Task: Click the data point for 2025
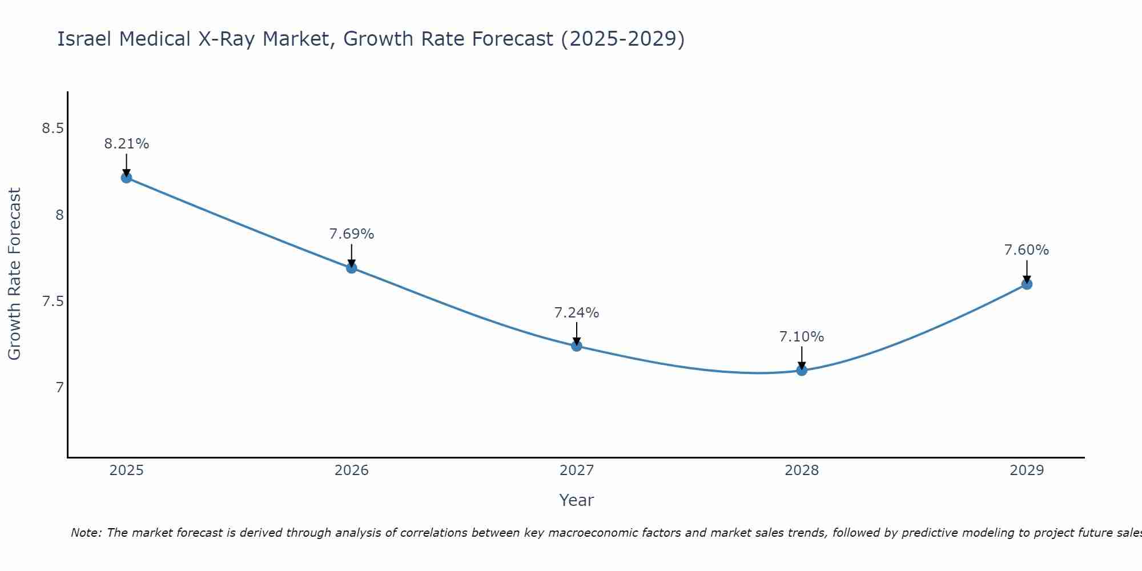(x=126, y=178)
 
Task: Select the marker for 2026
(x=352, y=268)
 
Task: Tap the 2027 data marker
(x=577, y=346)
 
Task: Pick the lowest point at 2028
(x=802, y=370)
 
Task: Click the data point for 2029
(x=1027, y=284)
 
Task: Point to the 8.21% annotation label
(x=126, y=144)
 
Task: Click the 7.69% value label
(x=352, y=234)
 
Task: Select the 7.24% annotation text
(x=577, y=313)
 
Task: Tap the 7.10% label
(x=802, y=337)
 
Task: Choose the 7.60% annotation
(x=1027, y=250)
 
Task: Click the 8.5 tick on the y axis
(x=53, y=128)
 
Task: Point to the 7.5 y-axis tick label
(x=53, y=301)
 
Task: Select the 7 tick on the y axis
(x=59, y=388)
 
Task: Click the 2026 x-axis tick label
(x=352, y=471)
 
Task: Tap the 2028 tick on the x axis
(x=802, y=471)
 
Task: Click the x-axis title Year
(x=577, y=500)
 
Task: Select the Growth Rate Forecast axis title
(x=14, y=274)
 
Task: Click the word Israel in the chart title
(x=84, y=39)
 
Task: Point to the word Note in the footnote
(x=86, y=533)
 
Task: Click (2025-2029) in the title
(x=622, y=39)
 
